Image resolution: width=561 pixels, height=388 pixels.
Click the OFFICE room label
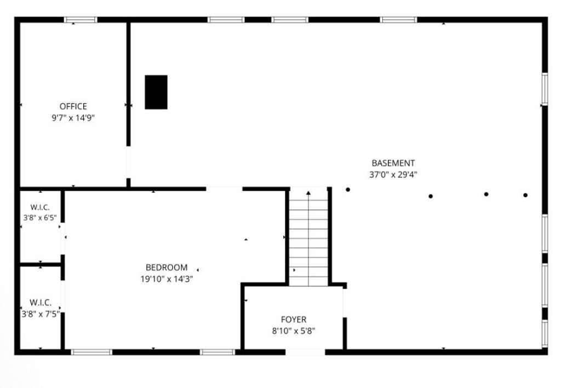coord(73,106)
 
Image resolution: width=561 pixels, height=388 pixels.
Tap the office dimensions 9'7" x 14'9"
coord(73,117)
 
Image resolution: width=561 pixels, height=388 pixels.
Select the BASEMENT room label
coord(393,163)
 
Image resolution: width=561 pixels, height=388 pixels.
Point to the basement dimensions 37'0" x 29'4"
coord(393,175)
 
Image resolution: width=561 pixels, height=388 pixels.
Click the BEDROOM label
coord(167,267)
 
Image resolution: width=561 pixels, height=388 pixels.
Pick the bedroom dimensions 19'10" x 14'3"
coord(167,278)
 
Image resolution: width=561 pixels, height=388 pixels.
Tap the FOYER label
coord(294,319)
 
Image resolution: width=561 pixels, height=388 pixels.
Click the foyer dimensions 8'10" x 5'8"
coord(294,330)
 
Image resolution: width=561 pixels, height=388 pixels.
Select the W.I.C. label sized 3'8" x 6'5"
coord(40,207)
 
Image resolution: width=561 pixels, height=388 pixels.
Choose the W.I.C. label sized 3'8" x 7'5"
coord(40,302)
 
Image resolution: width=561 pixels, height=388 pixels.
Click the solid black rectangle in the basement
coord(156,92)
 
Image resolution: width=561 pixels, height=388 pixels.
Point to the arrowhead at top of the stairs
coord(308,192)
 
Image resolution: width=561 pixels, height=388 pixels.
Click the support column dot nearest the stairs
coord(348,190)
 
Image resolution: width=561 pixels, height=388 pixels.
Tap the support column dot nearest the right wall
coord(525,195)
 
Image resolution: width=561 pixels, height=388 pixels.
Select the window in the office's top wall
coord(81,20)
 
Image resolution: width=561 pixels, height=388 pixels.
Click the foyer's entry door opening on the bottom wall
coord(305,352)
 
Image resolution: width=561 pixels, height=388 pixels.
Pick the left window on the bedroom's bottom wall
coord(91,352)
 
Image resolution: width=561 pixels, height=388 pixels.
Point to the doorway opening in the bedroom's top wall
coord(224,189)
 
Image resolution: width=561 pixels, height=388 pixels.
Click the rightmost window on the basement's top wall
coord(399,20)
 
